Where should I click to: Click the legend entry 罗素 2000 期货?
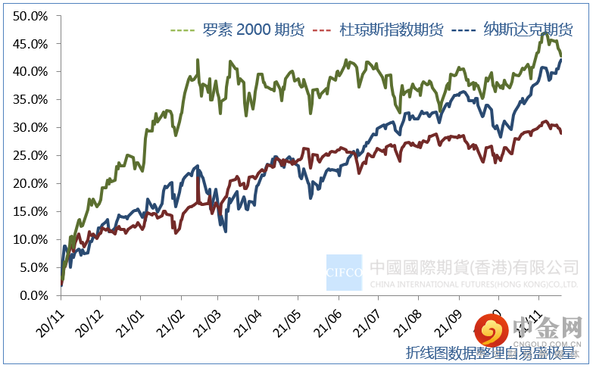[253, 30]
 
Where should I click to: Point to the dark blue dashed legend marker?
[463, 30]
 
